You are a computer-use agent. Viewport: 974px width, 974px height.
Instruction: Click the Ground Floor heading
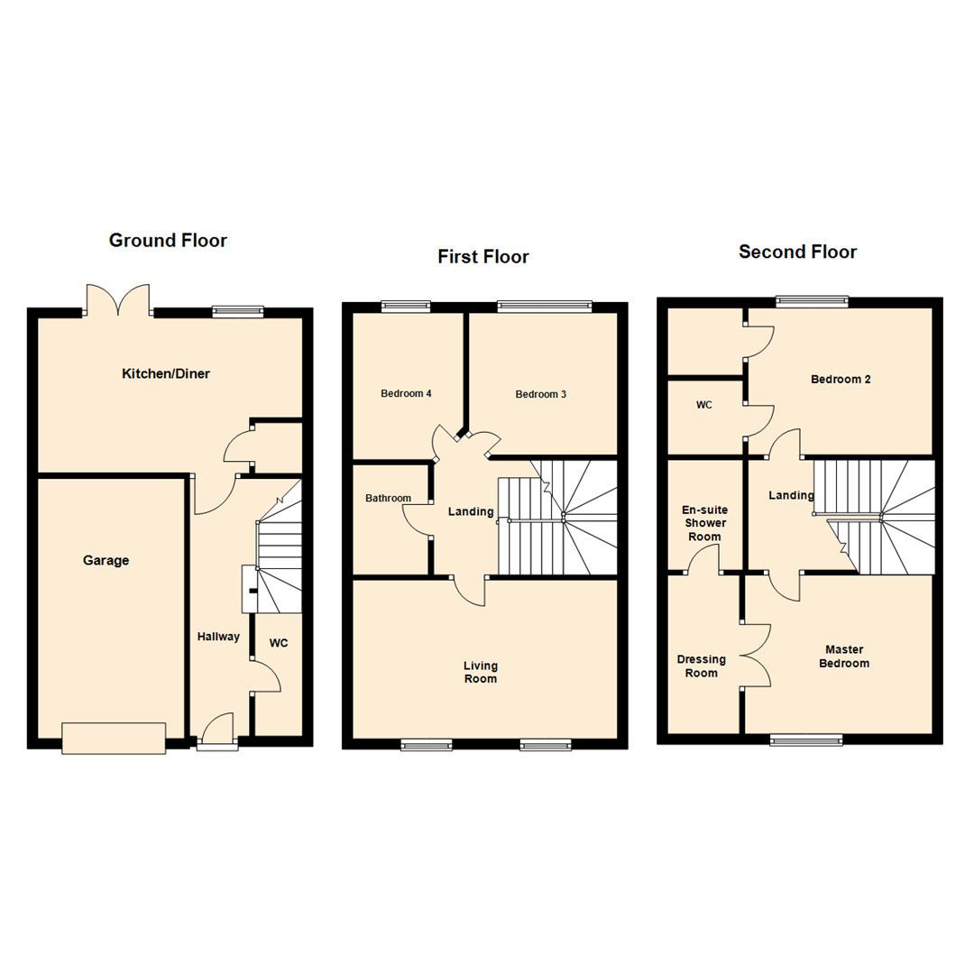168,241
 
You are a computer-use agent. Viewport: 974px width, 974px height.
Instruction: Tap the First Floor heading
483,257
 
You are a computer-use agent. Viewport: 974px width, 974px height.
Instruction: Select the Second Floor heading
797,252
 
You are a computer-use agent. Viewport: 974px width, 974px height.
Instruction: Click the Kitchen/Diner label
166,373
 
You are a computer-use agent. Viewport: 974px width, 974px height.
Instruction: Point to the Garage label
106,560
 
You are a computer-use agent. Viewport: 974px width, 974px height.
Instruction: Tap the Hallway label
218,637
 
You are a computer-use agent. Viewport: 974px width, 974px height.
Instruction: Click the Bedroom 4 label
406,394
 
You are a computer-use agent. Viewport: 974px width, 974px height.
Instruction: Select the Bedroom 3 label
541,394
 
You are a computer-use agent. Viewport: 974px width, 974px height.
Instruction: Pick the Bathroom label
388,498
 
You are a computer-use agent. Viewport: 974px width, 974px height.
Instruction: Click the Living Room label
480,672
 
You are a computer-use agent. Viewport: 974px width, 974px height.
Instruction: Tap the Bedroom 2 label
841,380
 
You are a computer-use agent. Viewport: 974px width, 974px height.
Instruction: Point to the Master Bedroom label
846,656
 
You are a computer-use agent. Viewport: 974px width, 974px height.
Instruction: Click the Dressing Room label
702,666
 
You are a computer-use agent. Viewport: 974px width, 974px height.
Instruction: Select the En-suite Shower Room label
703,523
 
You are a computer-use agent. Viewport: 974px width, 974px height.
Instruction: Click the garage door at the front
114,738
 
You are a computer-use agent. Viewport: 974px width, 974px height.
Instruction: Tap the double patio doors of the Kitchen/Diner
118,301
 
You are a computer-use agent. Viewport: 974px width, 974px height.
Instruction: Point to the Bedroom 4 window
405,306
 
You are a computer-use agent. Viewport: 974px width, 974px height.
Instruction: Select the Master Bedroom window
807,740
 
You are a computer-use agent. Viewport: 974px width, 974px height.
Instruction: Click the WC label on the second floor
704,405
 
